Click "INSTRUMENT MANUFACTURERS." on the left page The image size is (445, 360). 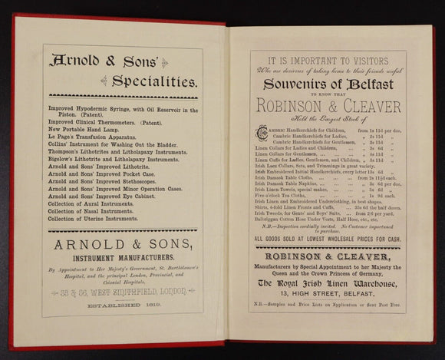122,257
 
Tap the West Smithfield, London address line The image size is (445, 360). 122,292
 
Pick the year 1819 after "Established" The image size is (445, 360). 143,306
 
